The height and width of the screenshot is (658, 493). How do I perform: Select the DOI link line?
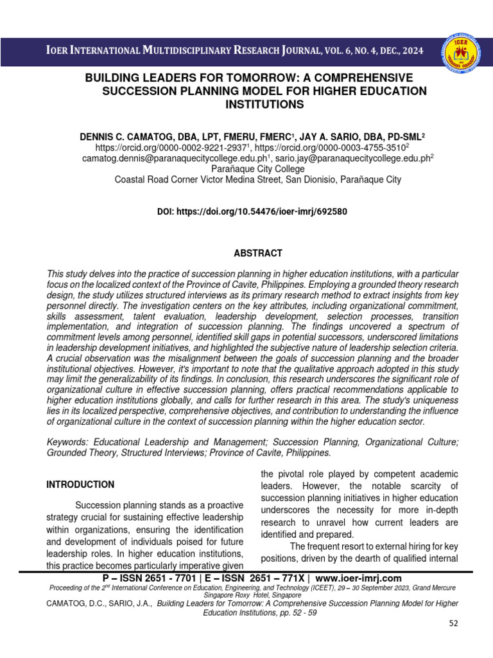click(252, 211)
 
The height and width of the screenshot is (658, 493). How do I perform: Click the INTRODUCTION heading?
click(80, 485)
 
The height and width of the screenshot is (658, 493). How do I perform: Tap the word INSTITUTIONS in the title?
click(264, 103)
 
